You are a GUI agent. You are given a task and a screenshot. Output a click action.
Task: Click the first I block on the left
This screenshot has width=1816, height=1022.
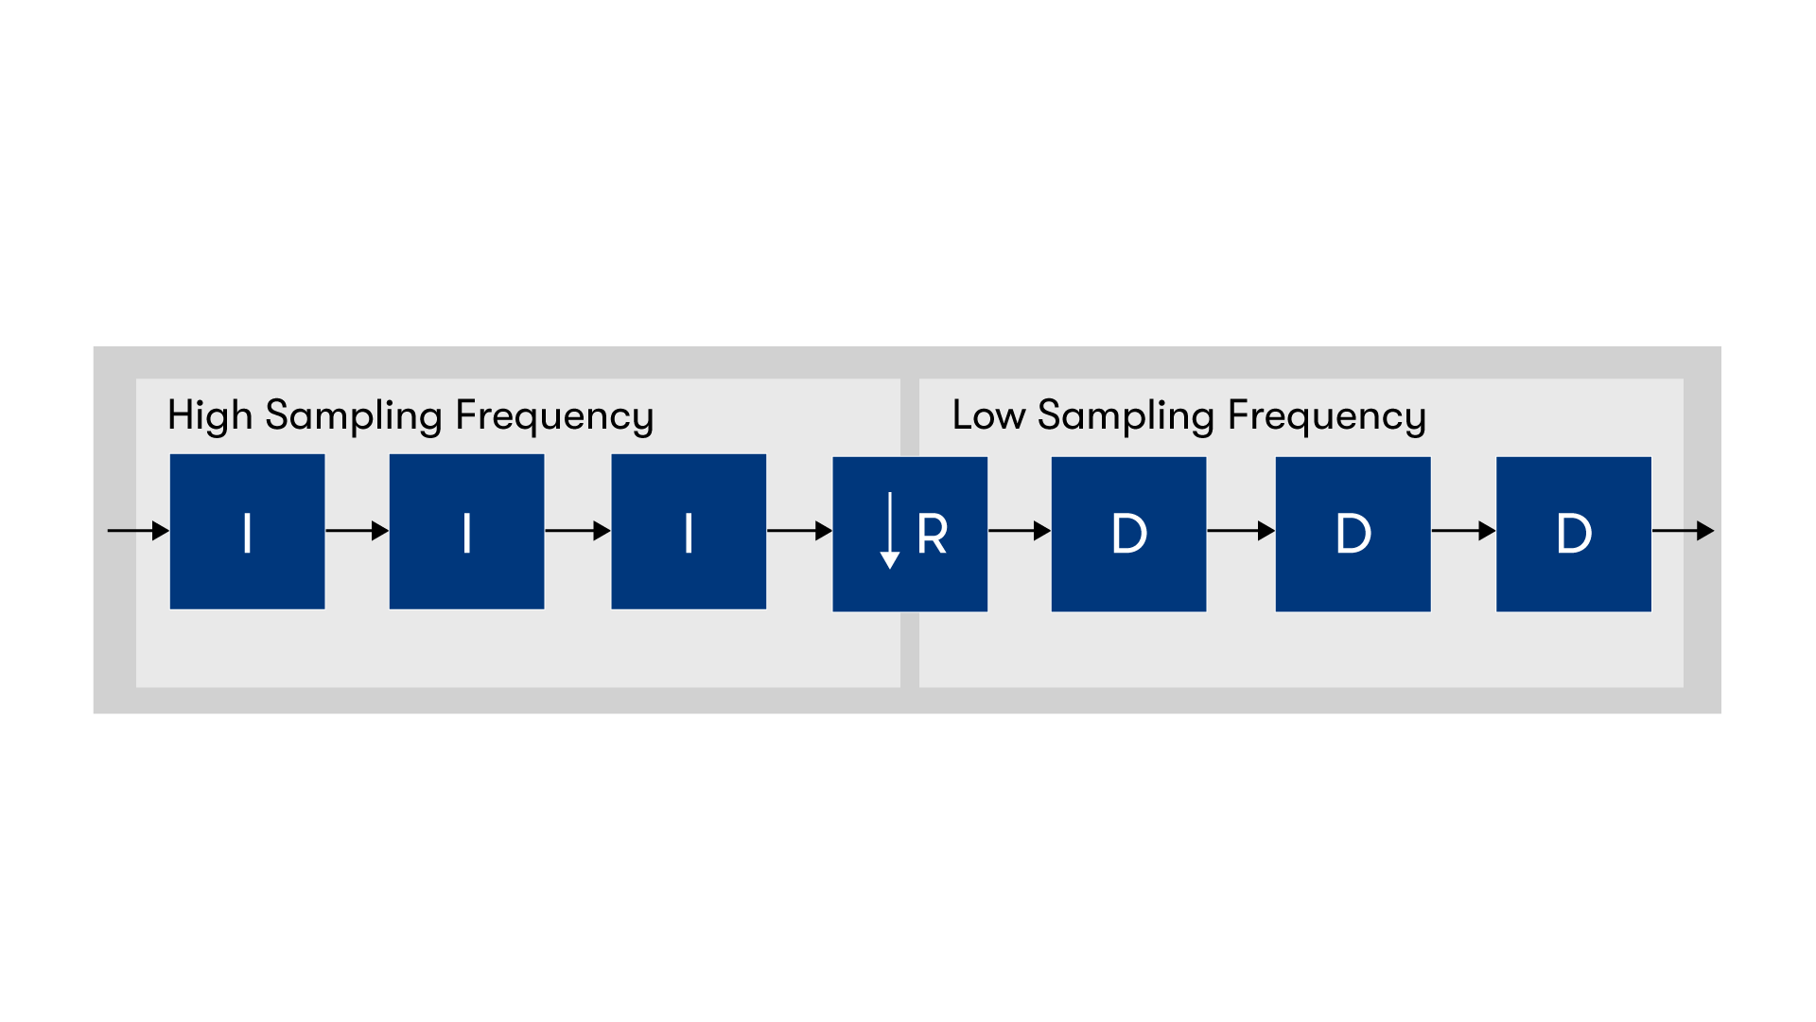click(x=247, y=531)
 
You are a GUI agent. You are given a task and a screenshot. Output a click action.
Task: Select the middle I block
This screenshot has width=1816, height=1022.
click(x=466, y=531)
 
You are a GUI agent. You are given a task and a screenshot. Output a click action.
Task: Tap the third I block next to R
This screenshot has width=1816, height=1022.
click(x=689, y=531)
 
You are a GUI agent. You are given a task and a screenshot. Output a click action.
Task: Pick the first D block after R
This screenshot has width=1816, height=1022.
click(x=1128, y=534)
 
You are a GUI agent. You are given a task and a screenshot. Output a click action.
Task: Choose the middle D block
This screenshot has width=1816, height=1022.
click(x=1353, y=534)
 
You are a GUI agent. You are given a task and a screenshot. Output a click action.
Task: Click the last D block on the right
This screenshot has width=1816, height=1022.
click(x=1574, y=534)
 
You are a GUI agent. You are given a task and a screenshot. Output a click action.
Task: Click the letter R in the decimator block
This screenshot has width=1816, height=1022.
click(x=933, y=535)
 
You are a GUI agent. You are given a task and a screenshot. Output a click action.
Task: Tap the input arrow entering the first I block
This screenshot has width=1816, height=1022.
click(x=138, y=531)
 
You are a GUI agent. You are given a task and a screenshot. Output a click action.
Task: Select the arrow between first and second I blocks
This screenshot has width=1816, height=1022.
click(x=357, y=531)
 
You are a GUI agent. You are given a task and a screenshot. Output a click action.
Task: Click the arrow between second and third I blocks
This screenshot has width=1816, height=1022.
click(x=577, y=531)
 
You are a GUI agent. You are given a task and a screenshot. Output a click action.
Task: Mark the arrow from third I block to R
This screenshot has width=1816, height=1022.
click(x=799, y=531)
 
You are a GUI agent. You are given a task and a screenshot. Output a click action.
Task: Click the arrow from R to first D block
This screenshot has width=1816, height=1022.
click(x=1020, y=531)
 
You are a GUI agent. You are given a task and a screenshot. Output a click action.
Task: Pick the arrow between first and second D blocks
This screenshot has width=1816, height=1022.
click(x=1241, y=531)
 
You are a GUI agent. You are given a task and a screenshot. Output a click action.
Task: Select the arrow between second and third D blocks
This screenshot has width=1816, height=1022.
click(x=1463, y=531)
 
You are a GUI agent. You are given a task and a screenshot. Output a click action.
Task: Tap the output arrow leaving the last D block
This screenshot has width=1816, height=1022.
click(x=1684, y=531)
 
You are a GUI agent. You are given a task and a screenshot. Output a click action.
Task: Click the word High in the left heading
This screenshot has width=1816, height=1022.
click(x=210, y=415)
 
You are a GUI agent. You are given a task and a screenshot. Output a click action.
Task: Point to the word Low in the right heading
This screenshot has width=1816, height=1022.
click(x=988, y=415)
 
